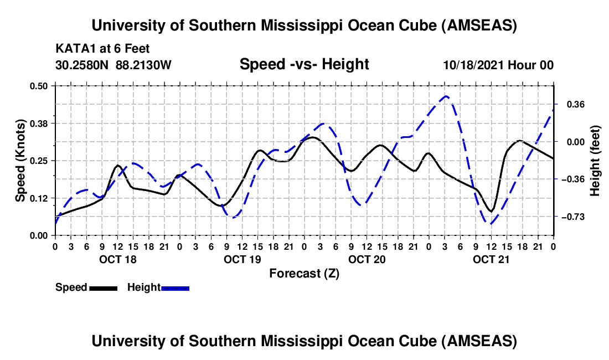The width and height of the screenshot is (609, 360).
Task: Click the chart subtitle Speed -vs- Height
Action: (x=304, y=64)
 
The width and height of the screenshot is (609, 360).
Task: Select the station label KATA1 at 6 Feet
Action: (x=102, y=49)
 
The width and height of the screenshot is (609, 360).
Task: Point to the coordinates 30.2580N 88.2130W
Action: (x=113, y=65)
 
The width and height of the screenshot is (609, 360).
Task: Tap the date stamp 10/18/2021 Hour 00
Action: (x=498, y=65)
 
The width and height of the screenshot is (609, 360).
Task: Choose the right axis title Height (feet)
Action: (x=595, y=161)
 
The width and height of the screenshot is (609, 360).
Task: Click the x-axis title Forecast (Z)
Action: (x=304, y=274)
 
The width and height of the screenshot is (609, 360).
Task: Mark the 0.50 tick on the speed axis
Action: (x=38, y=86)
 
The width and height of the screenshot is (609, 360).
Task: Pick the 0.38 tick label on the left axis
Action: (x=38, y=124)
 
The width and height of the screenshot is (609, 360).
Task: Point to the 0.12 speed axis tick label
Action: (x=38, y=198)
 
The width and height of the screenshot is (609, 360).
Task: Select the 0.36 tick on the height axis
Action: (x=576, y=105)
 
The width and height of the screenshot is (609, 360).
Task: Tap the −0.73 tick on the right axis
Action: (x=573, y=217)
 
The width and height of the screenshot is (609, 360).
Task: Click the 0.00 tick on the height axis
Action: (x=576, y=142)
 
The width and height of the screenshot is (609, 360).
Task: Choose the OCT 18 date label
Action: (x=118, y=259)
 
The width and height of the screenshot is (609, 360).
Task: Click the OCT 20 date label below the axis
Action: (x=367, y=259)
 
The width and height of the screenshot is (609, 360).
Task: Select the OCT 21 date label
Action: (x=491, y=259)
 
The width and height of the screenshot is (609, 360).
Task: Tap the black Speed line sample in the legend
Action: (x=104, y=288)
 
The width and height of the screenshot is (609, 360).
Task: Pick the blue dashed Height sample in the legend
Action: (x=175, y=288)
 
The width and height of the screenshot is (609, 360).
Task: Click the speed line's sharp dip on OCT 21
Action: (x=491, y=211)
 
